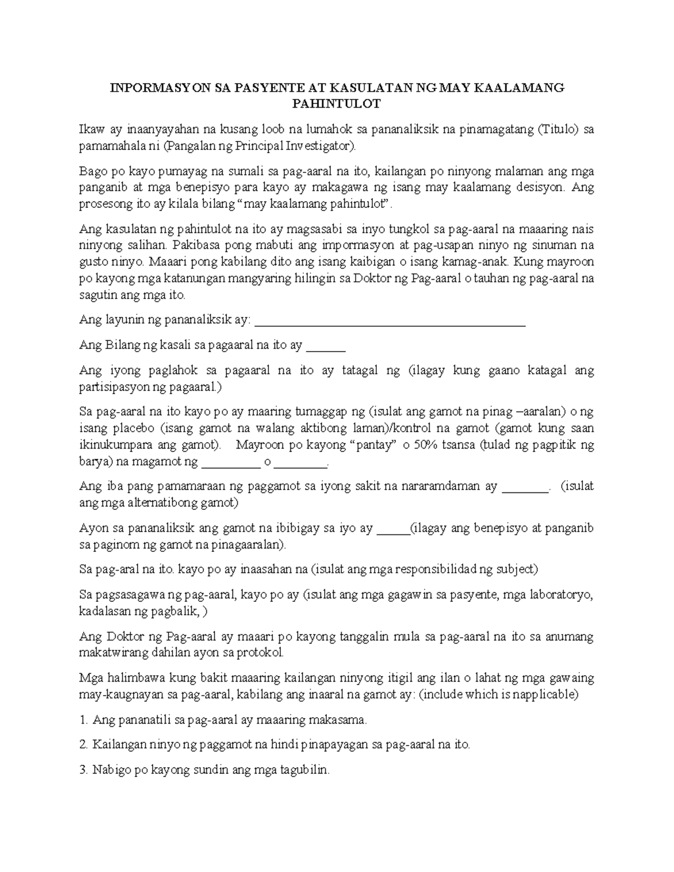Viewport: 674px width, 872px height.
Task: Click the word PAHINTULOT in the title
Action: (x=337, y=104)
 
